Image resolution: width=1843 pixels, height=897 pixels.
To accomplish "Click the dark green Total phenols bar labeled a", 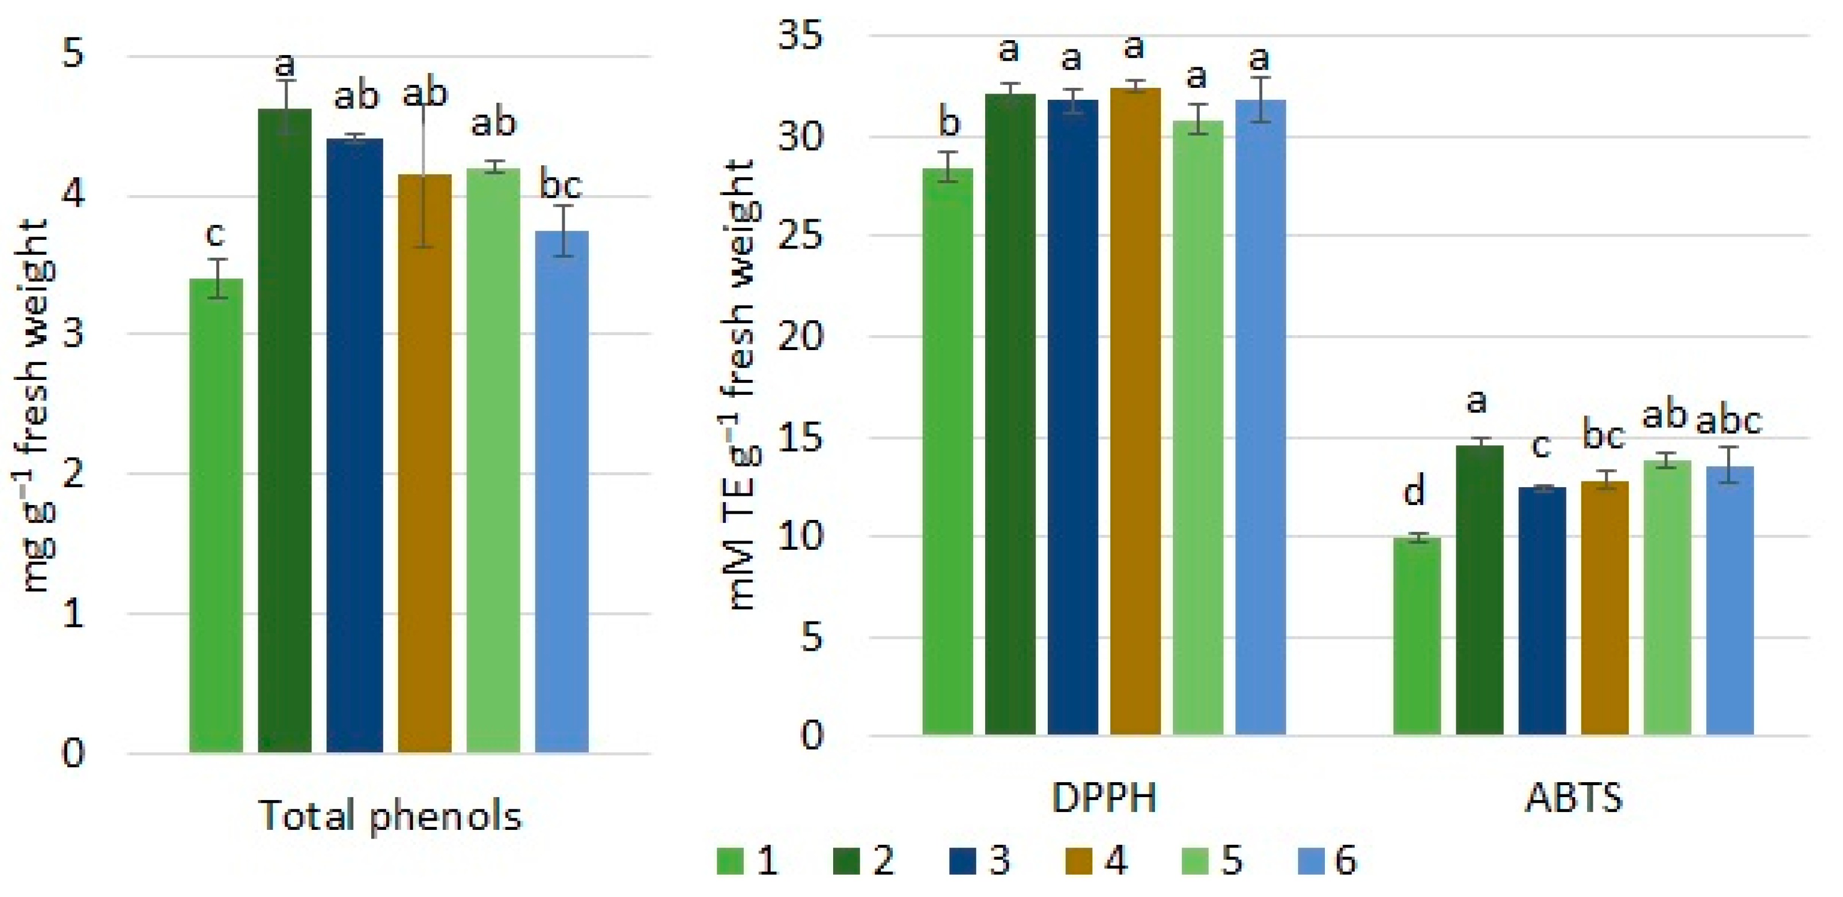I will pos(285,429).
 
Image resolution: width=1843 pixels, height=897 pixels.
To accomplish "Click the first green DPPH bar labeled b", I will pos(947,451).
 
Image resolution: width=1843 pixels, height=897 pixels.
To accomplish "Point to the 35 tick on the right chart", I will pos(802,36).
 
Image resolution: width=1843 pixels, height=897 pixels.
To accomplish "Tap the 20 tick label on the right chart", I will pos(802,336).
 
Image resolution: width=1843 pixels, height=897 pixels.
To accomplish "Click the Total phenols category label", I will pos(390,816).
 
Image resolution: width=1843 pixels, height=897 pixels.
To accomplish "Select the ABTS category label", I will pos(1573,798).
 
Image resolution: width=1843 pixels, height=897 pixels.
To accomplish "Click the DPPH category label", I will pos(1103,798).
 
